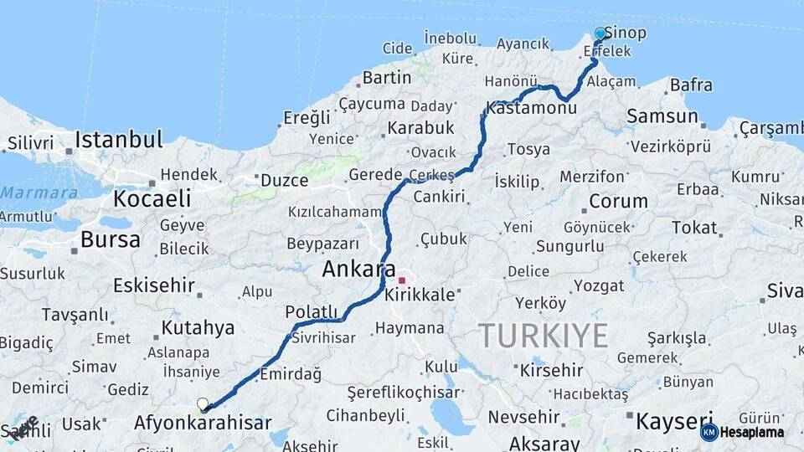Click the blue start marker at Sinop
[x=600, y=34]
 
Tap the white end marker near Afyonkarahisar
[x=203, y=404]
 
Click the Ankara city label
[x=358, y=270]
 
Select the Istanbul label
[x=118, y=140]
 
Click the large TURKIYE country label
[x=544, y=336]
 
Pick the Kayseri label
[x=674, y=420]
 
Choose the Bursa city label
[x=111, y=240]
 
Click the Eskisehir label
[x=154, y=285]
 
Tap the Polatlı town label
[x=311, y=312]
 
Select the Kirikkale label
[x=420, y=295]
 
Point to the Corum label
[x=618, y=202]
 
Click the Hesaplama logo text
[x=751, y=433]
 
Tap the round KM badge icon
[x=709, y=433]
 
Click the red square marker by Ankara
[x=402, y=281]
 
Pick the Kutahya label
[x=198, y=327]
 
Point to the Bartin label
[x=386, y=78]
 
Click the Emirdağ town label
[x=291, y=374]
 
